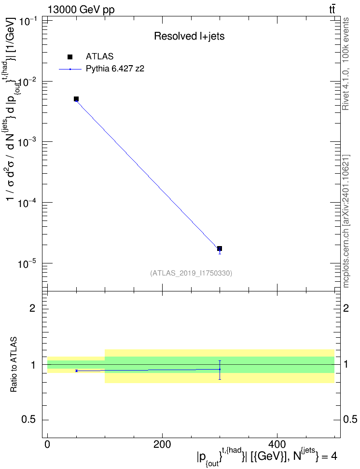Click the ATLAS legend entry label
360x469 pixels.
click(99, 56)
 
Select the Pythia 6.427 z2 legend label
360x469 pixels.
click(115, 69)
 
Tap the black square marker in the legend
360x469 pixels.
click(70, 57)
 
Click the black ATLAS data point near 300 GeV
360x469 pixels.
click(220, 248)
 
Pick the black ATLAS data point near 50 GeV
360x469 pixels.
click(76, 99)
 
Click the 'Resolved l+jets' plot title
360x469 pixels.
click(189, 36)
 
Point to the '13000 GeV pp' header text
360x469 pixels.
click(81, 10)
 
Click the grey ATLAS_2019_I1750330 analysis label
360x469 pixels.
click(191, 273)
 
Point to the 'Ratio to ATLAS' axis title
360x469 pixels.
click(14, 365)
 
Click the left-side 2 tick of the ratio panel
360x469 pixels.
click(32, 308)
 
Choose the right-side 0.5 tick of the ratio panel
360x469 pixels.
click(350, 420)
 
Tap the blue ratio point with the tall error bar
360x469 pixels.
click(220, 370)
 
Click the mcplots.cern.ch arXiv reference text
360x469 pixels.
click(346, 221)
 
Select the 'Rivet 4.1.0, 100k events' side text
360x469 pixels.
click(346, 64)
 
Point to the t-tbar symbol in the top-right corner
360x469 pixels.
click(332, 9)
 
